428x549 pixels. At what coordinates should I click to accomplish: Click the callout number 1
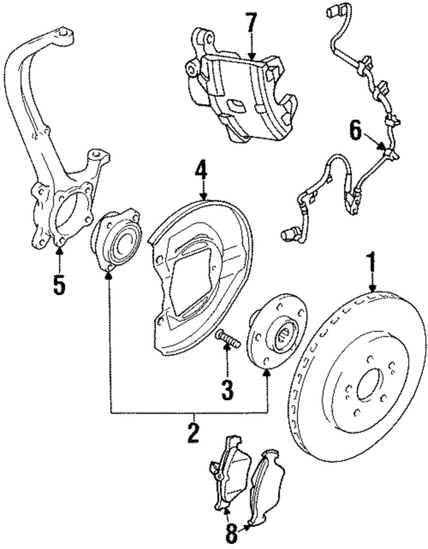tap(372, 263)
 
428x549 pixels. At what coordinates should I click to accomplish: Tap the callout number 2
tap(193, 432)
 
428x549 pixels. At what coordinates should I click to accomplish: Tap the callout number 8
tap(231, 534)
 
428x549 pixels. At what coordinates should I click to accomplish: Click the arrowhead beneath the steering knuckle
tap(59, 251)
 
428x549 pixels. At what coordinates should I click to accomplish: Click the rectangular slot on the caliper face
tap(235, 104)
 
